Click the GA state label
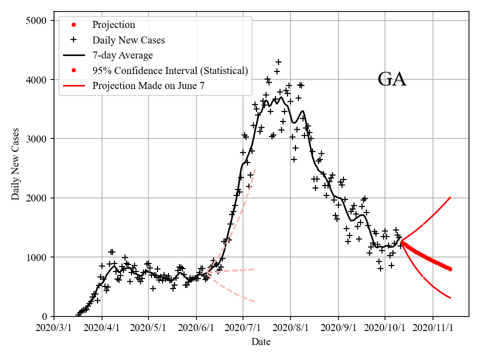coord(391,79)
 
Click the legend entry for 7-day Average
coord(122,55)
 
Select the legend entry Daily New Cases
coord(128,40)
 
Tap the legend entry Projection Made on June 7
coord(148,85)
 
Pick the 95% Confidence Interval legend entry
coord(170,70)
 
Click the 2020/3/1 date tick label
coord(54,328)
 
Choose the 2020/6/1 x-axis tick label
coord(197,328)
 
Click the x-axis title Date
coord(261,342)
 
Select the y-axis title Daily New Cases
coord(15,164)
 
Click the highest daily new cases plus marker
coord(278,62)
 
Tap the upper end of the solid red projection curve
coord(450,197)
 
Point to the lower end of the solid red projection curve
coord(450,298)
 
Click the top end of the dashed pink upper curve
coord(255,169)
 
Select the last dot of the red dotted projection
coord(450,269)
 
